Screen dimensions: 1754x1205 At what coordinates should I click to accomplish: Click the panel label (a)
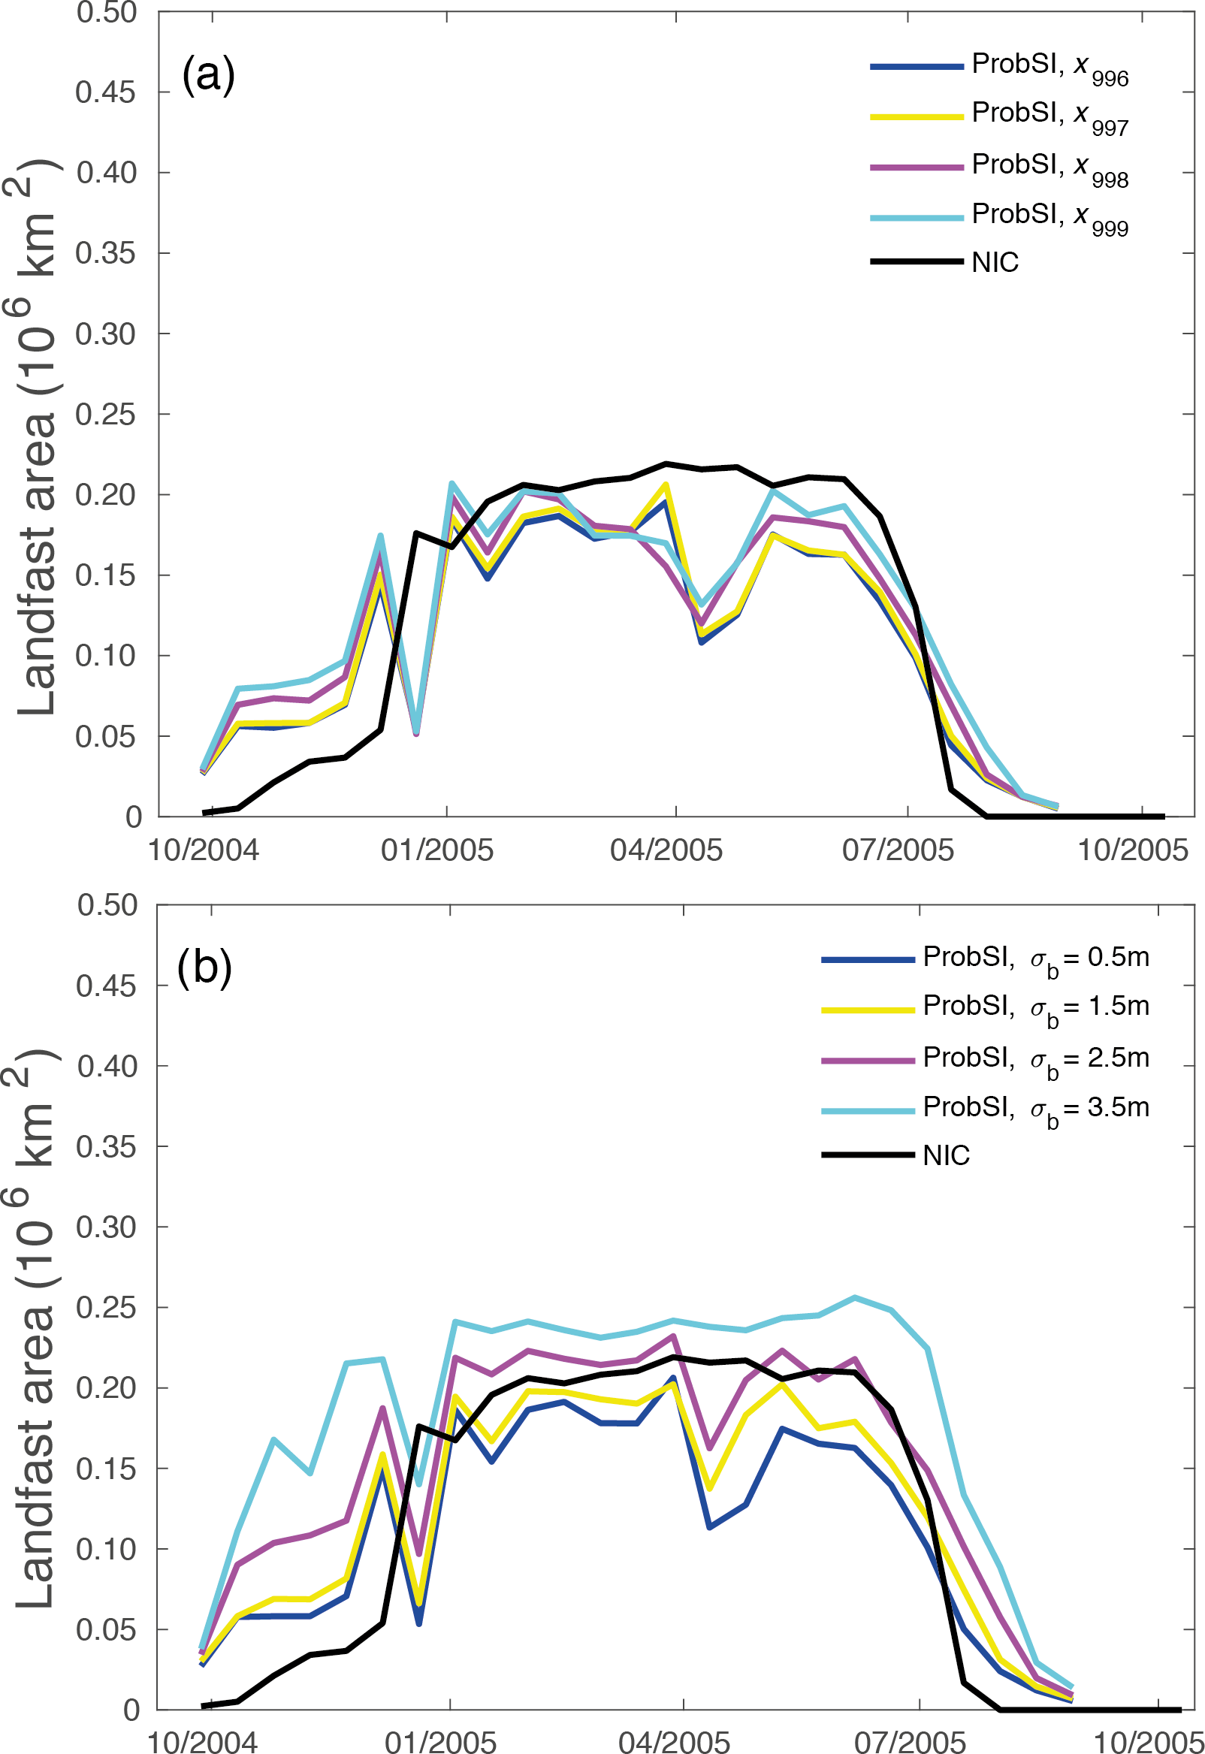click(x=208, y=74)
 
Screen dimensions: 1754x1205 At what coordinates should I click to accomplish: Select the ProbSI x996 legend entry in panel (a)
click(x=1049, y=67)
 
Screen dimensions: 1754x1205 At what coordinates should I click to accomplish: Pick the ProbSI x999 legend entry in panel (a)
click(x=1049, y=217)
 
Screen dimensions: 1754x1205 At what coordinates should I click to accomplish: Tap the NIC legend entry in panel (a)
click(x=995, y=263)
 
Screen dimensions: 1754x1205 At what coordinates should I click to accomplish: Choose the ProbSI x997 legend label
click(x=1049, y=116)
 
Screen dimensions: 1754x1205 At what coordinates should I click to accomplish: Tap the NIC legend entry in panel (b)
click(x=945, y=1155)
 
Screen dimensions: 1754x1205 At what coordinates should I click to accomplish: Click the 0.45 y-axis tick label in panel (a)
click(x=105, y=92)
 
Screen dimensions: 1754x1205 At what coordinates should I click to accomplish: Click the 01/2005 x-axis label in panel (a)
click(x=436, y=850)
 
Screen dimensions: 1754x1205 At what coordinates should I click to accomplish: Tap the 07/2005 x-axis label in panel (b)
click(x=910, y=1742)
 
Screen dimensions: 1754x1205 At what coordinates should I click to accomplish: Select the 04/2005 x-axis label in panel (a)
click(x=666, y=850)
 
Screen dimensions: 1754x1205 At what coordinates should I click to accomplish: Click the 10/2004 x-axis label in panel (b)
click(x=202, y=1742)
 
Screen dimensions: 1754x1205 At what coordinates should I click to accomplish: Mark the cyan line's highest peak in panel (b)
click(x=854, y=1297)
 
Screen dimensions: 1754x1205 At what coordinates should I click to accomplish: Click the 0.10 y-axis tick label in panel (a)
click(x=105, y=655)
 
